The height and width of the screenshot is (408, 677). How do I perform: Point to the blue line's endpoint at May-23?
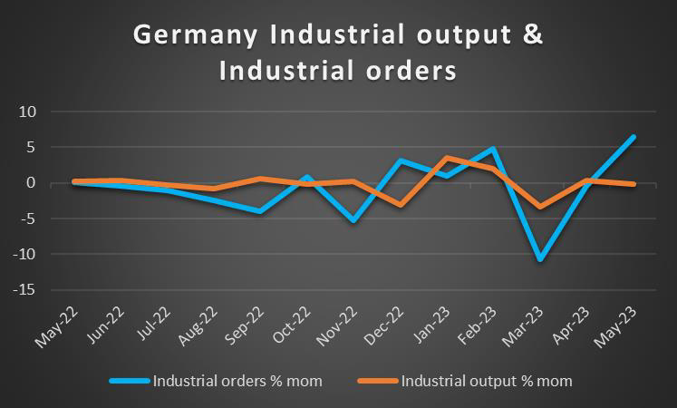coord(633,137)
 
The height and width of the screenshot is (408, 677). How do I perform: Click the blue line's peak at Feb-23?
coord(493,149)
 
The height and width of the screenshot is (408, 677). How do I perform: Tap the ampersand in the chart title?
coord(534,35)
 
